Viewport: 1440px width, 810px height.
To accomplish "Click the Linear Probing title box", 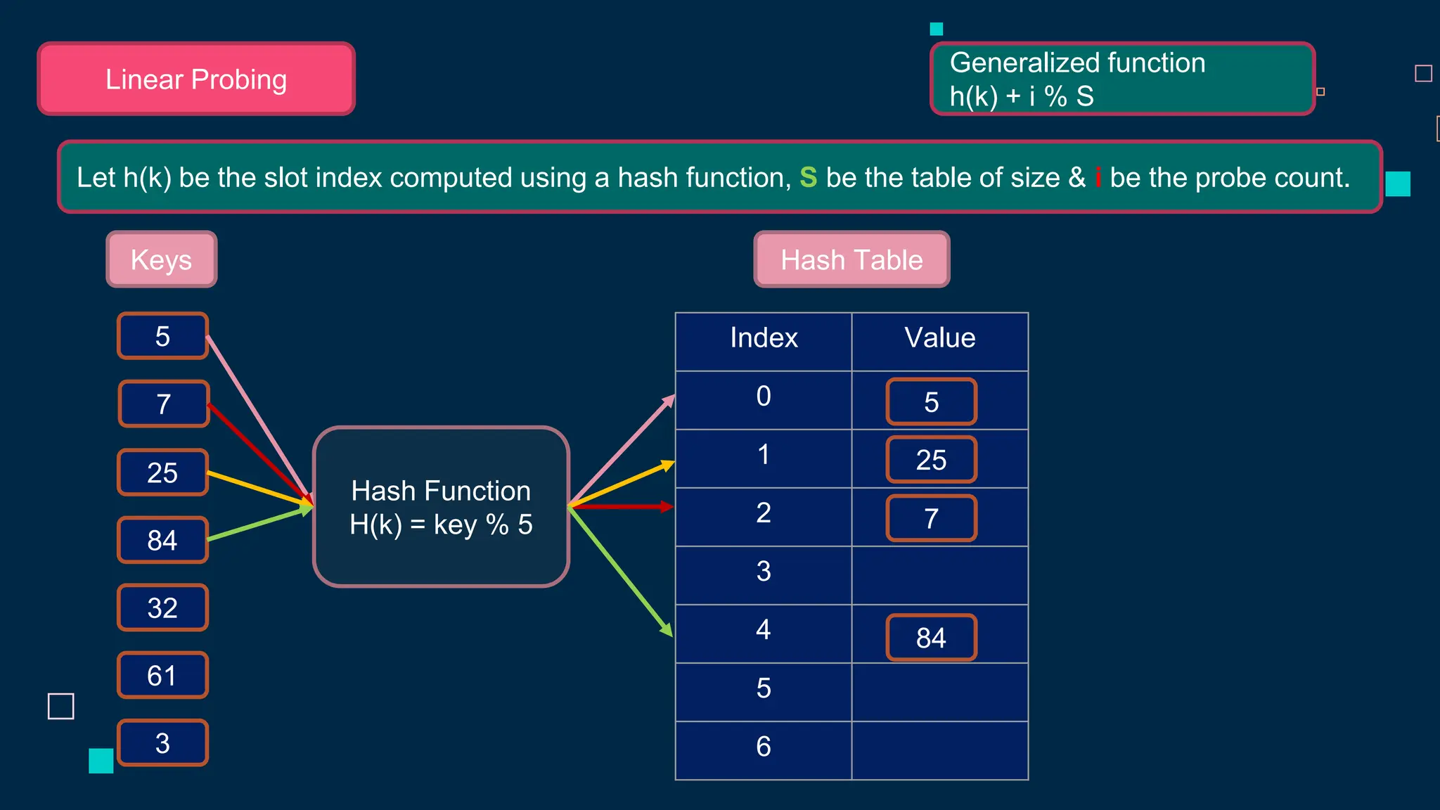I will click(x=196, y=79).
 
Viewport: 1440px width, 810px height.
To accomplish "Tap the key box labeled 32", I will click(x=162, y=607).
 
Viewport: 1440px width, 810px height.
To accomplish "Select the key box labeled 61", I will click(x=162, y=675).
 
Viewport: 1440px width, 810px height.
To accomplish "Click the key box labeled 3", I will click(x=162, y=743).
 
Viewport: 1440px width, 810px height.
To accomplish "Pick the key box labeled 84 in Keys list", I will click(x=162, y=540).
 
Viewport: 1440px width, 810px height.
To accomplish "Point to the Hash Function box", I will click(x=441, y=506).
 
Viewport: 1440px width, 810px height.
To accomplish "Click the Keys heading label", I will click(x=161, y=259).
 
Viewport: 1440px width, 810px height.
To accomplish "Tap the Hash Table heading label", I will click(x=851, y=259).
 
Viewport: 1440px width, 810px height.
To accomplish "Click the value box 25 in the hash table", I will click(x=931, y=460).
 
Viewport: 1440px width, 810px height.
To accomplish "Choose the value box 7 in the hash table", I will click(x=931, y=518).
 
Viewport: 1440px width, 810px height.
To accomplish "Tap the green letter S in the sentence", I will click(x=808, y=177).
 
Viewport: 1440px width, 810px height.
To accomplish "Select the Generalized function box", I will click(x=1122, y=79).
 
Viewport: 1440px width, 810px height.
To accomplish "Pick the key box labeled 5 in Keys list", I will click(x=162, y=336).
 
